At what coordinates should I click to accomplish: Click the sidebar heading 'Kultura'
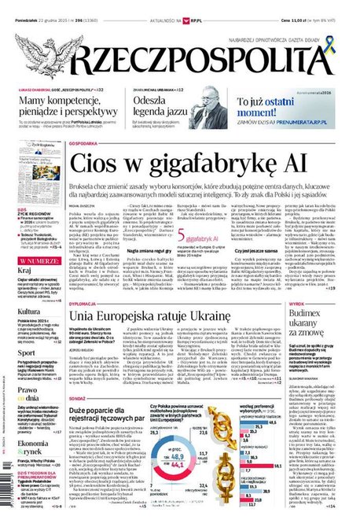click(x=29, y=311)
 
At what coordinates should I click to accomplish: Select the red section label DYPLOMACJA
click(x=86, y=300)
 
